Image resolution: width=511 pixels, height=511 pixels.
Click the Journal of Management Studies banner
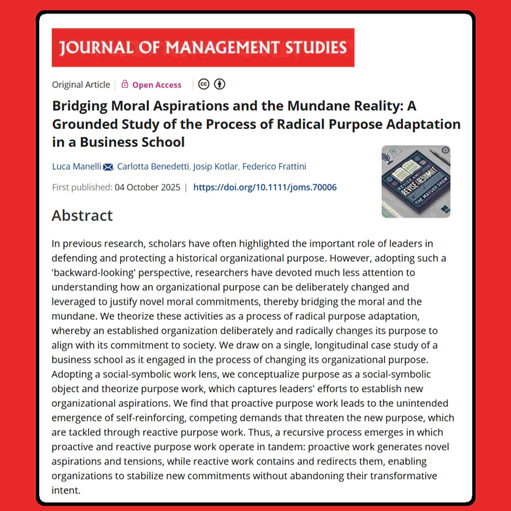203,48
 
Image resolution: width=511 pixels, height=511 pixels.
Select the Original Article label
81,85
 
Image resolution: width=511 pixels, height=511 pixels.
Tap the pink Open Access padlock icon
125,84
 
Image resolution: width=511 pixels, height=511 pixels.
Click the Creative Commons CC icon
204,84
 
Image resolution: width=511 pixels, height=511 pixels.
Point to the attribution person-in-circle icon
220,84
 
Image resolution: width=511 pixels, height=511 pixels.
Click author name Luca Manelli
76,166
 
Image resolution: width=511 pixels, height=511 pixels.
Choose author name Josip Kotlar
215,166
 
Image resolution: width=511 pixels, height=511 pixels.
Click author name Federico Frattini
274,166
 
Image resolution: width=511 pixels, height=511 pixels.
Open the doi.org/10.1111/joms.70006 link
265,187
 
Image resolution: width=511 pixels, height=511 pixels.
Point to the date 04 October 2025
147,187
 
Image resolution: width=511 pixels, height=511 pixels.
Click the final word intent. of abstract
66,490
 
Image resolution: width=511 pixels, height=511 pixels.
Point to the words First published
82,187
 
